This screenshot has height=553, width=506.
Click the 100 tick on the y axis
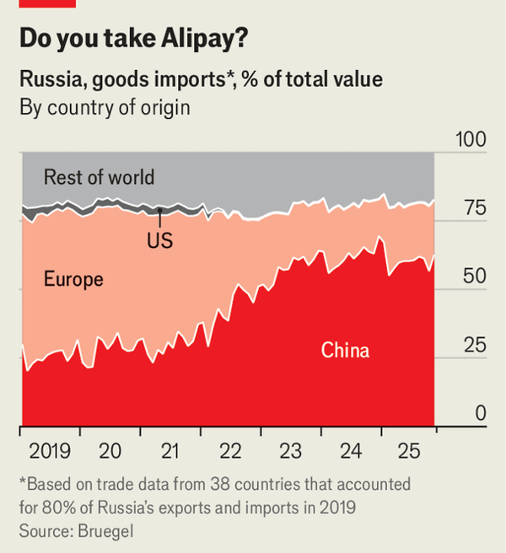(471, 139)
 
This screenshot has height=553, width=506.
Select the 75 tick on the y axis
(471, 208)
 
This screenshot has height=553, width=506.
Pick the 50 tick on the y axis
(471, 277)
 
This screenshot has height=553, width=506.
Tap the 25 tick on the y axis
(471, 346)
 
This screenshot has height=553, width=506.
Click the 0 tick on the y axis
(479, 414)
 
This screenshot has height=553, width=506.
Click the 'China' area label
(345, 350)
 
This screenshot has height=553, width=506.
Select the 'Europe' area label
(73, 279)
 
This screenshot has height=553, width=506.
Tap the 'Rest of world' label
(99, 177)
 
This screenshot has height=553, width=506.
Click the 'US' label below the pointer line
(159, 240)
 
